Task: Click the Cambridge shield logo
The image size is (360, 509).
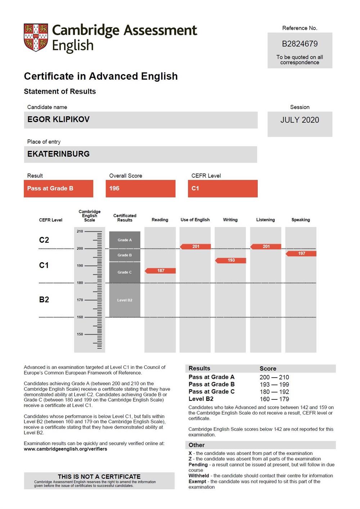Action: pyautogui.click(x=36, y=37)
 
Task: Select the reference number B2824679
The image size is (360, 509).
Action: pyautogui.click(x=300, y=44)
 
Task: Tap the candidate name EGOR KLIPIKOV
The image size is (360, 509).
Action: pyautogui.click(x=58, y=120)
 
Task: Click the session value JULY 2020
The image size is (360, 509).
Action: pyautogui.click(x=300, y=120)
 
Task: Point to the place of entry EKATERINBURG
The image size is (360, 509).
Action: pyautogui.click(x=58, y=154)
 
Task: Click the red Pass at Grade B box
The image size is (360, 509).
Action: pyautogui.click(x=58, y=188)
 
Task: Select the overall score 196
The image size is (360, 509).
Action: pyautogui.click(x=114, y=188)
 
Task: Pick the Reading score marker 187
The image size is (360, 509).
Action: pyautogui.click(x=161, y=271)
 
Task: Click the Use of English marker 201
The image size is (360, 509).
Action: pyautogui.click(x=195, y=246)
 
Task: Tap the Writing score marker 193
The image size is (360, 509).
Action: pyautogui.click(x=231, y=260)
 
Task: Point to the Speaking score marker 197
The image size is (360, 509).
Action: pyautogui.click(x=301, y=254)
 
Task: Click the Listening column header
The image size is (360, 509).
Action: pyautogui.click(x=265, y=220)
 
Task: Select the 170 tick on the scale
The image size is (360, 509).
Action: pyautogui.click(x=80, y=300)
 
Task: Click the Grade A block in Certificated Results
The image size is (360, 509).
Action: pyautogui.click(x=125, y=240)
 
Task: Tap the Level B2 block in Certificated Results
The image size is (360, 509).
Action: pyautogui.click(x=125, y=300)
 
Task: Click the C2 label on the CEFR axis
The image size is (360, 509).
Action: pyautogui.click(x=44, y=240)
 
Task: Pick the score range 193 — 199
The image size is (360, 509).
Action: pyautogui.click(x=274, y=385)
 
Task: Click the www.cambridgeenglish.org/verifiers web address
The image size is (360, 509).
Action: pyautogui.click(x=66, y=449)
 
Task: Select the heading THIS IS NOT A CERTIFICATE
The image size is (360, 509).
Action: pyautogui.click(x=99, y=477)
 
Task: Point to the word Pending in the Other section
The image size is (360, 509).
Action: pyautogui.click(x=198, y=465)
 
